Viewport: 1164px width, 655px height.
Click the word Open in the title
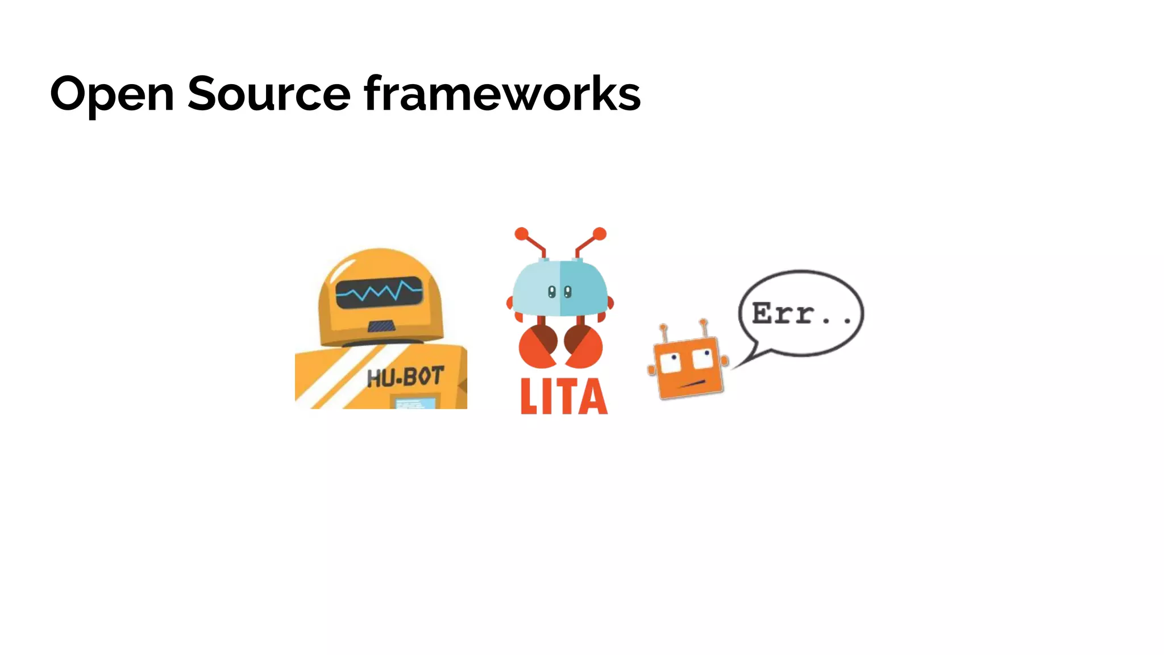point(112,94)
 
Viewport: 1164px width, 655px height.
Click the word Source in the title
point(269,94)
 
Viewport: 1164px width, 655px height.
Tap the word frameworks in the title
point(502,94)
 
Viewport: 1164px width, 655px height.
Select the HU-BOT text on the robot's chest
point(405,377)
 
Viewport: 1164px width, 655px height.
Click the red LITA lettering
point(564,396)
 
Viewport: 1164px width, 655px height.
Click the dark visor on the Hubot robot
point(379,292)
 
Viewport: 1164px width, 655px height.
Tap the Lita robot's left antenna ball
point(521,234)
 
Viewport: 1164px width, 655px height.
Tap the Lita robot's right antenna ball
point(600,234)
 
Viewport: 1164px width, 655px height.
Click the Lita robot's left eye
point(551,292)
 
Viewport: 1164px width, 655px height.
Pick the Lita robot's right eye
point(567,292)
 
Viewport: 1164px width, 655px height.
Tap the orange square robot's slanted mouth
point(693,384)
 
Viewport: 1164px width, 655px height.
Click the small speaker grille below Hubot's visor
point(381,326)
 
